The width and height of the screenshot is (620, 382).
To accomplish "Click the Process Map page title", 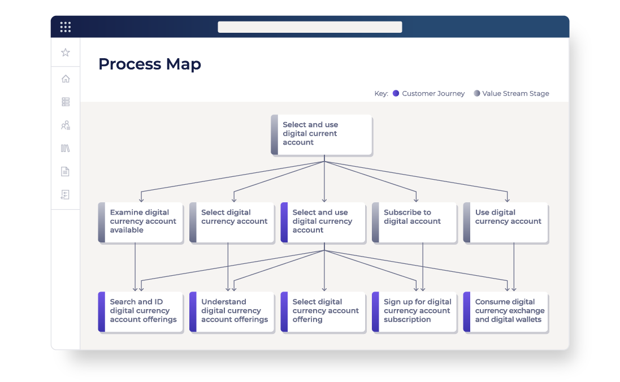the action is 149,64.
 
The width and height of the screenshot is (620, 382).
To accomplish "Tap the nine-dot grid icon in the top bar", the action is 65,27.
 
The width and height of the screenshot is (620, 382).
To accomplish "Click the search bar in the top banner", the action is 310,27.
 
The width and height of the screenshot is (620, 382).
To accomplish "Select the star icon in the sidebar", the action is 66,52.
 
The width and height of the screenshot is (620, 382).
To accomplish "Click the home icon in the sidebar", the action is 66,79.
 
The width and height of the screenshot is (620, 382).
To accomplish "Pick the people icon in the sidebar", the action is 66,125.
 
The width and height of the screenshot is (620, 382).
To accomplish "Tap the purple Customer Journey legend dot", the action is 396,93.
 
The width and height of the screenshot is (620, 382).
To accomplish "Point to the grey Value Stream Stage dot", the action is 477,93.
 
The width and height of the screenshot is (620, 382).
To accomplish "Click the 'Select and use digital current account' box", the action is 321,134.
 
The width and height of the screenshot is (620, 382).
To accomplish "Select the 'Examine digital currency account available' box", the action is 140,222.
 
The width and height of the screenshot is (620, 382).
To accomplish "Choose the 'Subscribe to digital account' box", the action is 414,222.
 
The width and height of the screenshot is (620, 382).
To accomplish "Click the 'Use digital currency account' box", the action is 505,222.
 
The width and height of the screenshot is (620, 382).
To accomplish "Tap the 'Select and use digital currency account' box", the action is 323,222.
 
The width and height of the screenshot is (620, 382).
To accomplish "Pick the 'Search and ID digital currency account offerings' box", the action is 140,311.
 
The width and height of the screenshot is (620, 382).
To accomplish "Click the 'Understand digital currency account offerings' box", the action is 232,311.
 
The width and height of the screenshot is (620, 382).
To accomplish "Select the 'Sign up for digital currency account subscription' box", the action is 414,311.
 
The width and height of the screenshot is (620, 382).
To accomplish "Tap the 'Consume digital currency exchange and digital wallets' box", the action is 505,311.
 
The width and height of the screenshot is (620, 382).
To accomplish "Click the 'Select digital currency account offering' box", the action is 323,311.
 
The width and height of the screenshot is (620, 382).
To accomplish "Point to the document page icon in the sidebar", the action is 65,171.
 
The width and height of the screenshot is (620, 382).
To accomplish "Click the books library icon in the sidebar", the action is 65,148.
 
